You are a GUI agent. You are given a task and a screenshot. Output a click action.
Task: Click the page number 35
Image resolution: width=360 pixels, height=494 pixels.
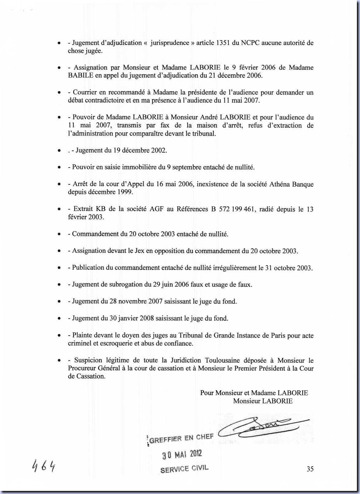(x=310, y=469)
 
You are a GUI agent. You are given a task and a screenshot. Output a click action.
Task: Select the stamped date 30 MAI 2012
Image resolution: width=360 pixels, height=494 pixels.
(x=182, y=454)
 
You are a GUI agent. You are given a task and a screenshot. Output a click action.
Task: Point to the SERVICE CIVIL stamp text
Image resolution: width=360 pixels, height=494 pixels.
(x=184, y=469)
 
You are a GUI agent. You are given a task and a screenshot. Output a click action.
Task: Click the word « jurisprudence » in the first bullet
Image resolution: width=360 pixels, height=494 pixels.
(x=169, y=43)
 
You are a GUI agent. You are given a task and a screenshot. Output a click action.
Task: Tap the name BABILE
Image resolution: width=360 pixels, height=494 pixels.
(x=80, y=75)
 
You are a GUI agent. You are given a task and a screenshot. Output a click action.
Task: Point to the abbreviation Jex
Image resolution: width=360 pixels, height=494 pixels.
(x=140, y=251)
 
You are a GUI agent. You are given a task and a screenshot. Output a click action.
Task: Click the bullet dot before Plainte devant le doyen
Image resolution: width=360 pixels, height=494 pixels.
(x=59, y=336)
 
